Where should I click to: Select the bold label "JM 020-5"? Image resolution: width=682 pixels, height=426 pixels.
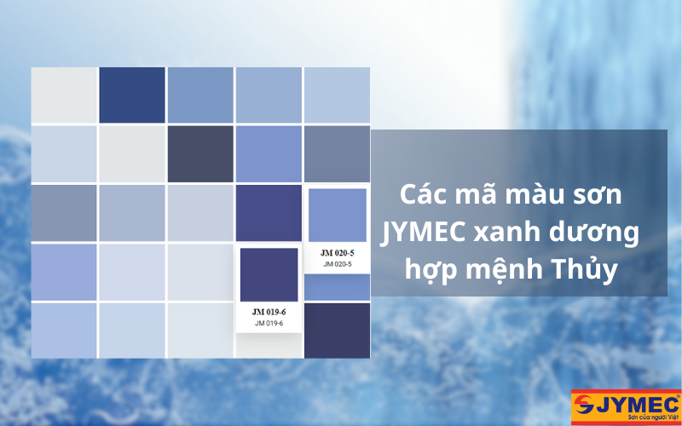click(337, 253)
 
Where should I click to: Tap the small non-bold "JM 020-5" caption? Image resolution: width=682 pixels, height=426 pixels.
click(337, 264)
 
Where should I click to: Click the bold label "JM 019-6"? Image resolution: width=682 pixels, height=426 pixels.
click(269, 312)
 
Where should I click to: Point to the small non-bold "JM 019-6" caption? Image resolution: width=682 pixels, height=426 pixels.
click(269, 323)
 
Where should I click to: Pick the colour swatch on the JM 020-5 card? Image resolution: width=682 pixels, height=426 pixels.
click(337, 216)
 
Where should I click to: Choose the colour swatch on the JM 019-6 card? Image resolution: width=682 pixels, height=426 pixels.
click(269, 275)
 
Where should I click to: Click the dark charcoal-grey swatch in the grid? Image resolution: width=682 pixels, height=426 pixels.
click(200, 153)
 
